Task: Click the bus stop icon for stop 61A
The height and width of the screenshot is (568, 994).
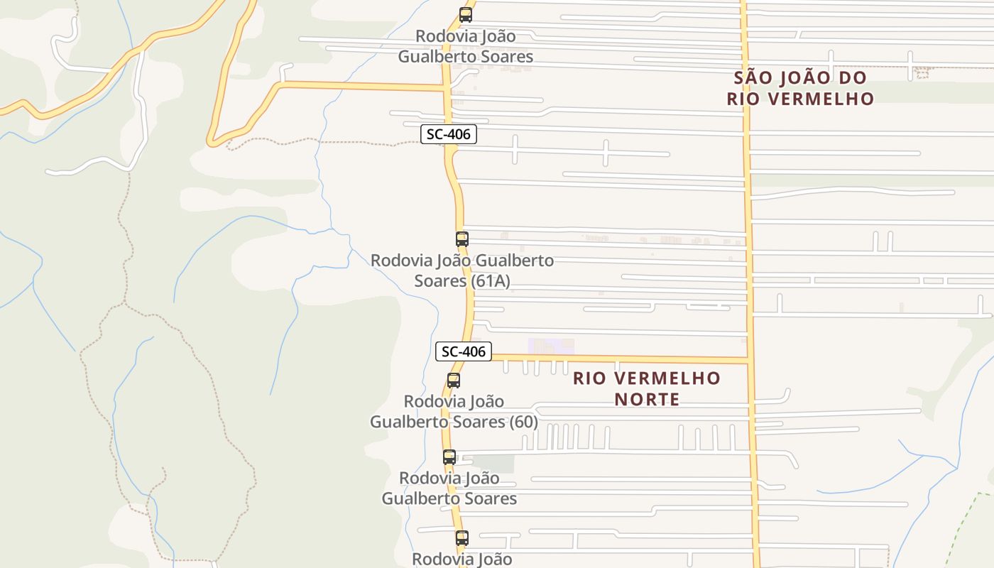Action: [x=462, y=239]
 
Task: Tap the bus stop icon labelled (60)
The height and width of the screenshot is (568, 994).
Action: [x=454, y=381]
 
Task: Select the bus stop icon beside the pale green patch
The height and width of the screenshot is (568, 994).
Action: [x=449, y=457]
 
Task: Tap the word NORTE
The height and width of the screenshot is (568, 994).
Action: [x=647, y=399]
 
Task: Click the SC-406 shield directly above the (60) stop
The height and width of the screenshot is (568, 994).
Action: [x=463, y=351]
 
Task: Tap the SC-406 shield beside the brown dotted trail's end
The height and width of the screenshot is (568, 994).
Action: [x=448, y=134]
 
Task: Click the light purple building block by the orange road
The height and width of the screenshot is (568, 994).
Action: [x=552, y=346]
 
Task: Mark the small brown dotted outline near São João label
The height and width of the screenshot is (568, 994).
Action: [x=922, y=72]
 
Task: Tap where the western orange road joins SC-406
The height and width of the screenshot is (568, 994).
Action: [x=446, y=88]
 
